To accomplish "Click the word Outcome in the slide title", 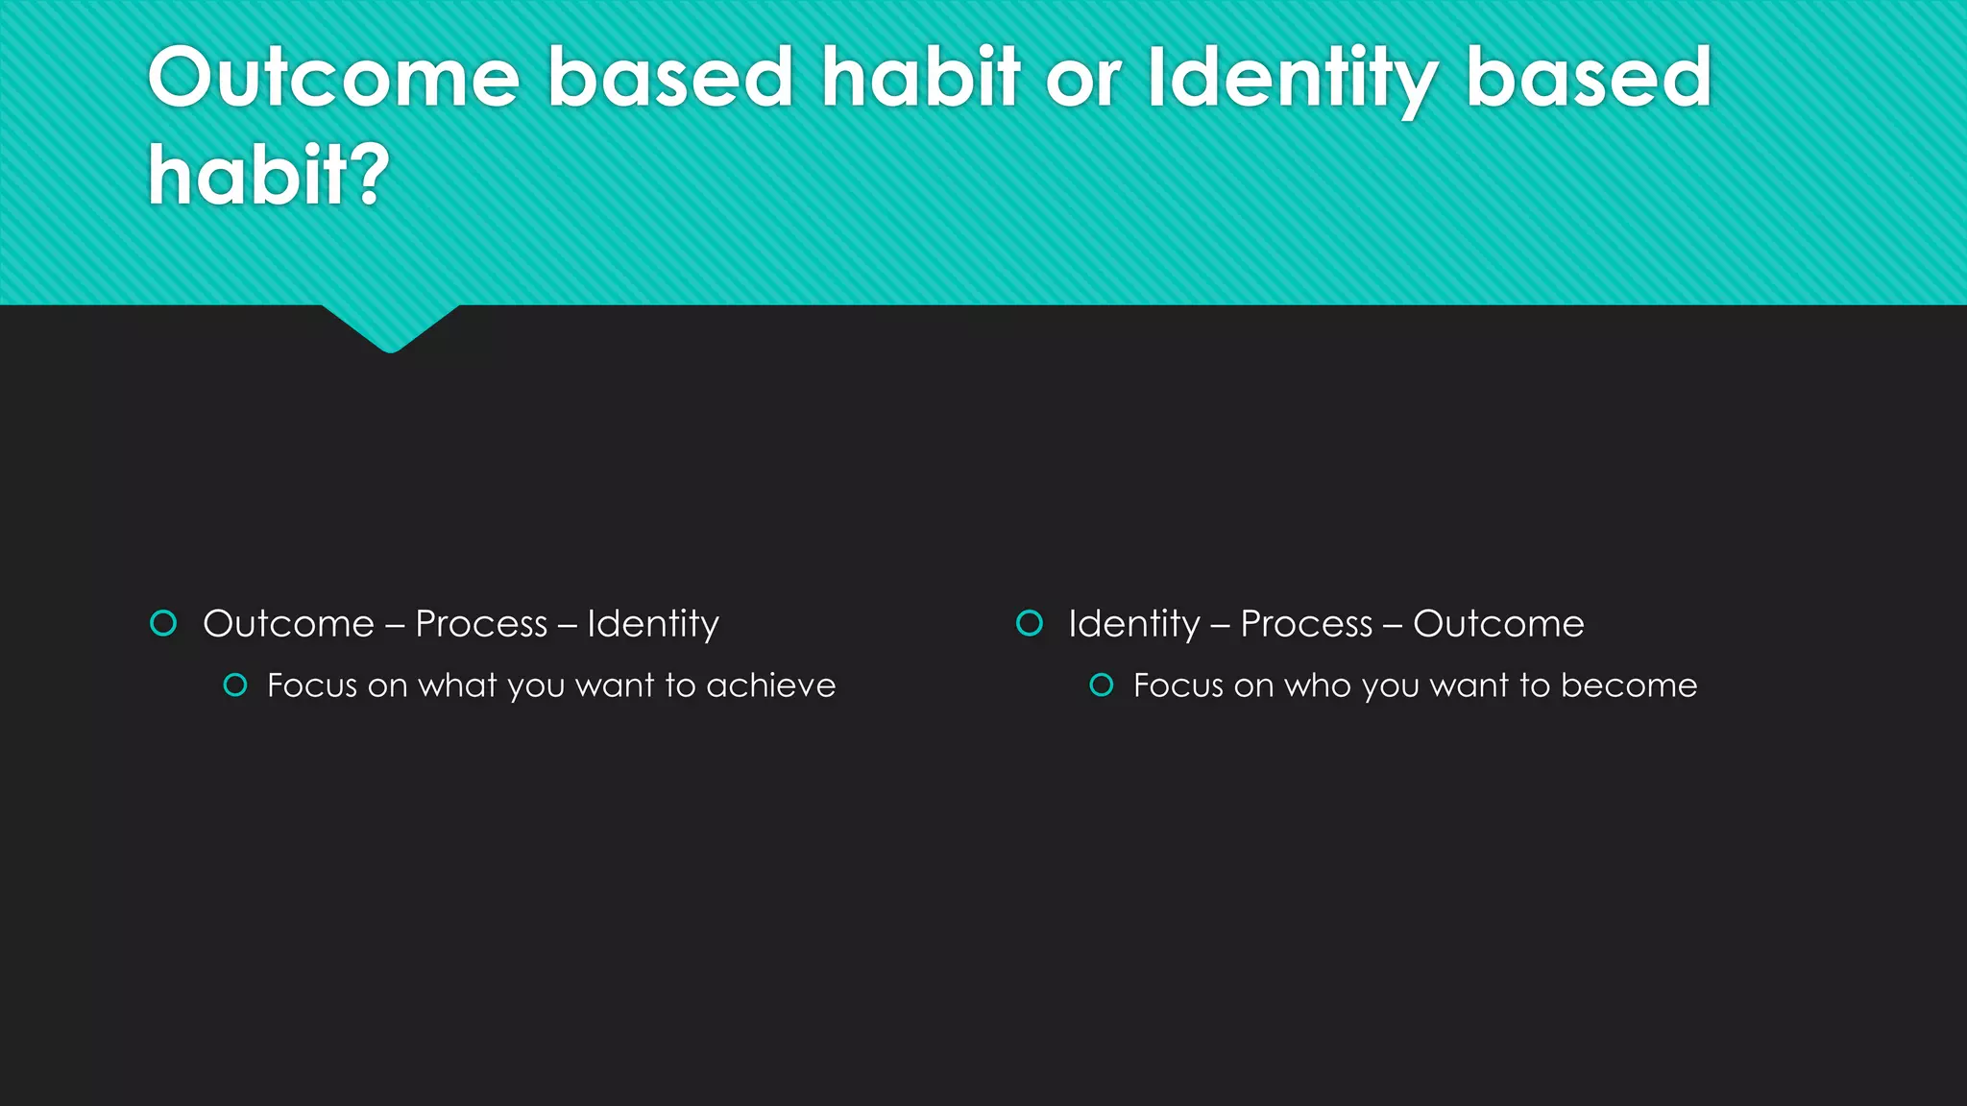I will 333,78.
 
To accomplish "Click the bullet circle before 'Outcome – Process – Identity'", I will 164,624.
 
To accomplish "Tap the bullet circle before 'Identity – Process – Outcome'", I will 1030,624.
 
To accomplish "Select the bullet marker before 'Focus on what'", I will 235,685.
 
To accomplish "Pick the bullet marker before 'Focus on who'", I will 1102,685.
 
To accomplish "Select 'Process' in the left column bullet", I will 481,624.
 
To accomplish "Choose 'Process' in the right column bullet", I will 1306,624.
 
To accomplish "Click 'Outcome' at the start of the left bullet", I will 288,624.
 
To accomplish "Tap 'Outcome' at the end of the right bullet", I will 1498,624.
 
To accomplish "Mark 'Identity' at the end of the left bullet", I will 653,624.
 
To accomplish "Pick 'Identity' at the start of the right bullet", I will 1134,624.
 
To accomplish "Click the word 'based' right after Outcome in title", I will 669,78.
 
